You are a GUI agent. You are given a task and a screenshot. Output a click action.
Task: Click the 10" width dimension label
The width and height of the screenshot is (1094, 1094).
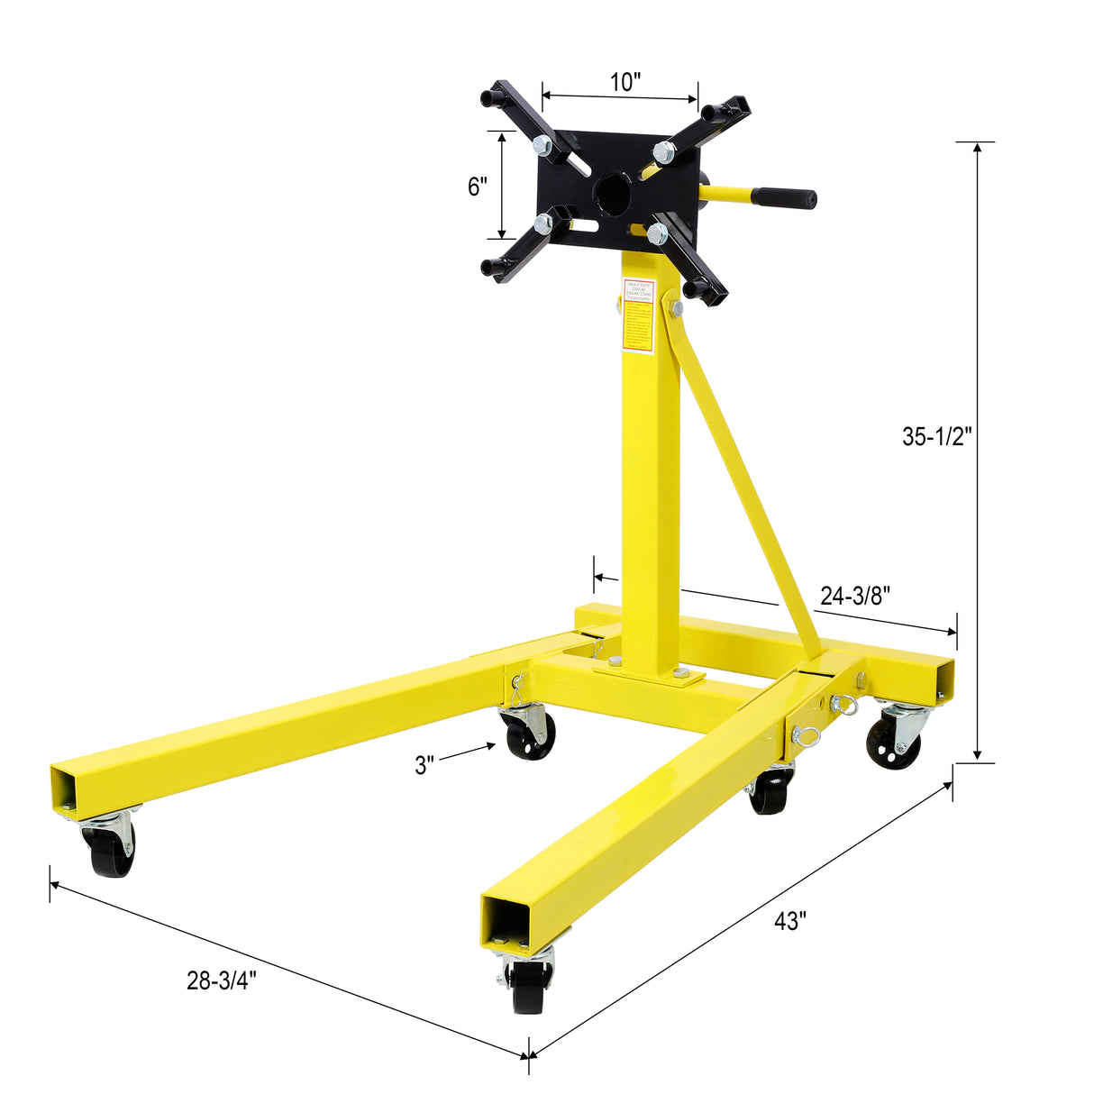tap(624, 82)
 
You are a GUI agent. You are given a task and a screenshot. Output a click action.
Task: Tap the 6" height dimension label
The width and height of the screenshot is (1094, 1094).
tap(478, 187)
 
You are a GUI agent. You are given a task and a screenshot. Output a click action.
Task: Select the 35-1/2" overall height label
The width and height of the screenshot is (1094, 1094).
tap(937, 436)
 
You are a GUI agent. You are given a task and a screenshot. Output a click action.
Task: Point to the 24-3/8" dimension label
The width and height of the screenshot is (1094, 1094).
tap(855, 595)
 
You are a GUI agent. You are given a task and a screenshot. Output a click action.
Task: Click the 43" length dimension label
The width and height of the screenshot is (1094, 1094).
tap(789, 921)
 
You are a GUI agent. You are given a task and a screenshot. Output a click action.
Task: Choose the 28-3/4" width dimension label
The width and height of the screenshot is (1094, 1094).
tap(222, 981)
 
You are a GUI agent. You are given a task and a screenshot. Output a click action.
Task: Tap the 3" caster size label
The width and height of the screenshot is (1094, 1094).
tap(424, 765)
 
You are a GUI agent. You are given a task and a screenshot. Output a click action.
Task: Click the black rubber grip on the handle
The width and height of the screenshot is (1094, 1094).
tap(785, 196)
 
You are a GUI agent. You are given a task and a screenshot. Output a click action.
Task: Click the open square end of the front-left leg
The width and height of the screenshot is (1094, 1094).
tap(70, 789)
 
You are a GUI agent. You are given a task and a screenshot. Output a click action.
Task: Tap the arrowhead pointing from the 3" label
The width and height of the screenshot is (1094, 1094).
tap(491, 745)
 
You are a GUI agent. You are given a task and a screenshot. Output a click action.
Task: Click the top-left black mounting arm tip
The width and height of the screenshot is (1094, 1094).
tap(492, 94)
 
